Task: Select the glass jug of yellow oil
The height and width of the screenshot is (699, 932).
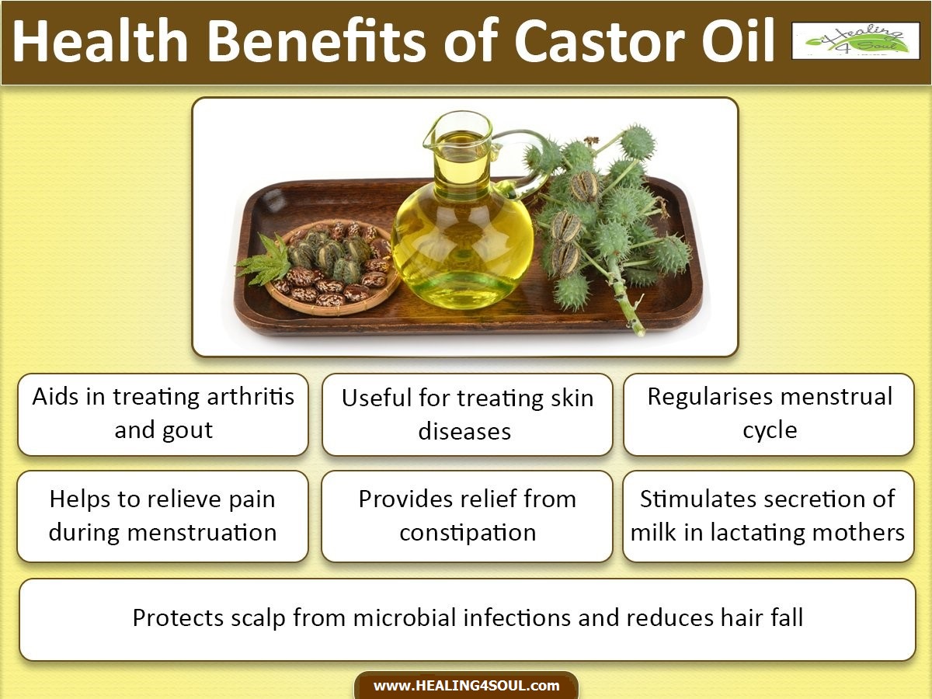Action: [x=462, y=233]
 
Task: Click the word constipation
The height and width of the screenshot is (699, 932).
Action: [x=468, y=534]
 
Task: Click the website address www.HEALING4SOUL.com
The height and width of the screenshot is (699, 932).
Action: [x=466, y=686]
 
